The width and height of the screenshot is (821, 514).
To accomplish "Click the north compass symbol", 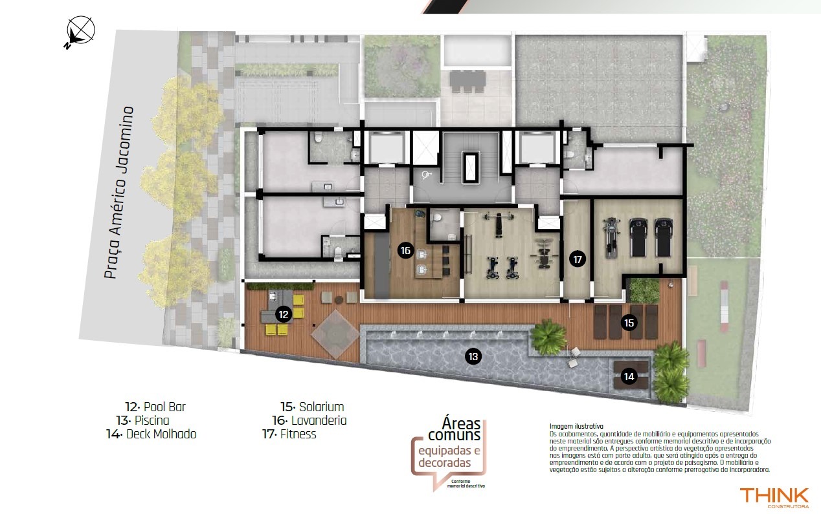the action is click(x=80, y=32).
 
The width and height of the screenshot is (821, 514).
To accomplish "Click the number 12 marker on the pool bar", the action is click(x=284, y=314).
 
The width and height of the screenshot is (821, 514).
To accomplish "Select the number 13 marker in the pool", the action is click(x=473, y=356).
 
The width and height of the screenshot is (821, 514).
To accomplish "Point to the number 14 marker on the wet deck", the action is click(x=629, y=376).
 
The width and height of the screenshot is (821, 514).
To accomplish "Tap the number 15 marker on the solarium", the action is click(x=629, y=323).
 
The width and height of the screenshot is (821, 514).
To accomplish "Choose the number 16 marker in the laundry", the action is click(x=405, y=250).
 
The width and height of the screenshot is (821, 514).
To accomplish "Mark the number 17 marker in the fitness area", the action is click(x=578, y=259).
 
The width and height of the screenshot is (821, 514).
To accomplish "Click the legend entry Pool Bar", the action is click(x=155, y=407).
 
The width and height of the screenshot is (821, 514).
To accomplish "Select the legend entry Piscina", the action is click(x=143, y=420).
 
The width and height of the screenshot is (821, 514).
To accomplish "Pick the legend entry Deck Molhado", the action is click(x=152, y=434).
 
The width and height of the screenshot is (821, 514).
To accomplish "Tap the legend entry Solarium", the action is click(x=312, y=407).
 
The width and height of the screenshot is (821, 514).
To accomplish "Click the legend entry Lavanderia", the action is click(x=309, y=420).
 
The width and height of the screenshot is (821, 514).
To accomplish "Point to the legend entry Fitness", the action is click(x=289, y=434).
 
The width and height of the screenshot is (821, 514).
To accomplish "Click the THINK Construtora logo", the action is click(x=774, y=498).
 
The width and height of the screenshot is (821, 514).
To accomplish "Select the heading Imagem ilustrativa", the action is click(x=576, y=426).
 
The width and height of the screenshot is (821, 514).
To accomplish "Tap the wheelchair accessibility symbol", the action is click(x=427, y=175).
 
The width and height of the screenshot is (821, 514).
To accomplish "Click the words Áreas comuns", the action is click(x=455, y=429).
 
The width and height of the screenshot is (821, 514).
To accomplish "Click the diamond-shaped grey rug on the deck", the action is click(x=335, y=334).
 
